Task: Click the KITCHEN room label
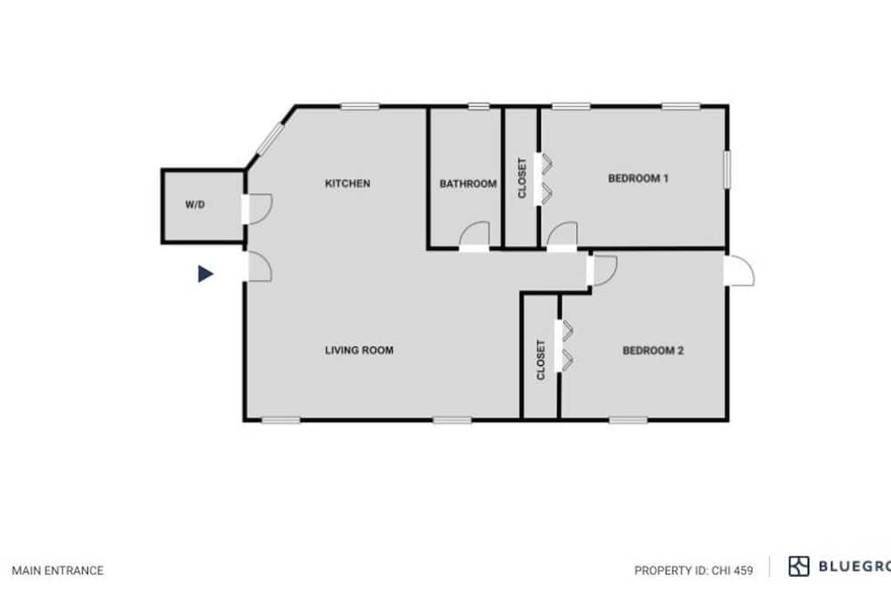(347, 183)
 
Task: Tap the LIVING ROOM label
(359, 351)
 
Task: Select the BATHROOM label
(468, 184)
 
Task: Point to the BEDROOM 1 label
(638, 178)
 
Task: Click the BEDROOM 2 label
(653, 351)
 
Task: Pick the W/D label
(195, 205)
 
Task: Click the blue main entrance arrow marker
(205, 273)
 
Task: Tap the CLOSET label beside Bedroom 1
(522, 178)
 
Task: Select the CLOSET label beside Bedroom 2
(541, 360)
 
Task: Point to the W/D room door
(257, 209)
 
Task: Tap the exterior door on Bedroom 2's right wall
(740, 271)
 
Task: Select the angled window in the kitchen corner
(270, 139)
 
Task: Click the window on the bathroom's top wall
(478, 106)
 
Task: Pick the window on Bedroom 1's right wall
(727, 168)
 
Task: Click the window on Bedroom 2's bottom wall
(628, 420)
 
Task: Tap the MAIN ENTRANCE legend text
(58, 570)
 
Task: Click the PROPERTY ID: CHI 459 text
(694, 570)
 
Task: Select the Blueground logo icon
(799, 566)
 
